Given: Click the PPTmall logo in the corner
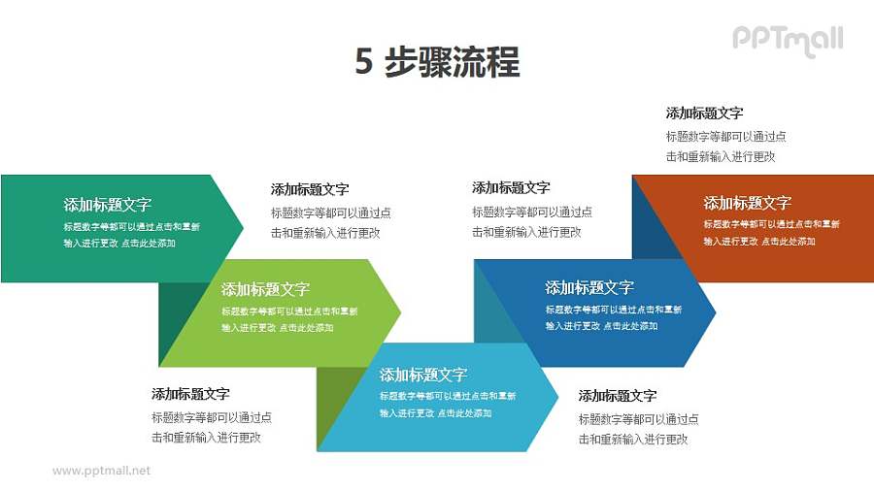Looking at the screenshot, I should [x=787, y=39].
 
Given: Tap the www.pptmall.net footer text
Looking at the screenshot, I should [x=102, y=471].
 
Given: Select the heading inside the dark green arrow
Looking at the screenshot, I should [x=108, y=205].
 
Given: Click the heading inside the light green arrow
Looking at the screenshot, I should [x=265, y=289].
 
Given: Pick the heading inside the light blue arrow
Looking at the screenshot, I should [x=423, y=375].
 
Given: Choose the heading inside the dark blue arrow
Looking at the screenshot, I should [x=589, y=287].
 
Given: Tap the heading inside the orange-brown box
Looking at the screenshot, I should [x=748, y=203].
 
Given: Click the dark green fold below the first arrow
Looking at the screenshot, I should [x=175, y=315].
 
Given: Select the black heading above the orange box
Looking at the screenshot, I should [x=705, y=114].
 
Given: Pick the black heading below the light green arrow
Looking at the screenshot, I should [x=190, y=394].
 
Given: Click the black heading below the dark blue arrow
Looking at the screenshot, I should [x=618, y=396].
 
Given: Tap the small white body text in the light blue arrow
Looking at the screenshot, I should [x=447, y=405].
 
